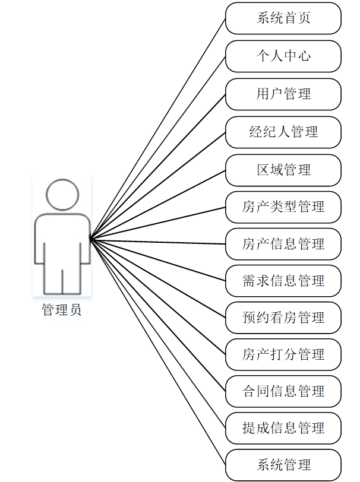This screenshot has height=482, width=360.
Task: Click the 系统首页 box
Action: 283,18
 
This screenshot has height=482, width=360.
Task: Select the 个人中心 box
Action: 283,56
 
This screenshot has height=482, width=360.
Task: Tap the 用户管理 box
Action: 283,94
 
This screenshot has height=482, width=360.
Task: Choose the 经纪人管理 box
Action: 283,132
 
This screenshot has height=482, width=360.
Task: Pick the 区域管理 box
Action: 283,170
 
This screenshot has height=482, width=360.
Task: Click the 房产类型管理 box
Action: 283,207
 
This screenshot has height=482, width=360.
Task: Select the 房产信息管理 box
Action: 283,244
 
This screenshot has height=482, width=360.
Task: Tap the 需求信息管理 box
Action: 283,281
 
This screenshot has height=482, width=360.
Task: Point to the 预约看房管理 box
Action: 283,318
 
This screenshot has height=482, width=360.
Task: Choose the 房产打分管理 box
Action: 283,355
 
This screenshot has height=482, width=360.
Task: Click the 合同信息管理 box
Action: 283,392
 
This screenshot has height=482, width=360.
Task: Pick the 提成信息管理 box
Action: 283,428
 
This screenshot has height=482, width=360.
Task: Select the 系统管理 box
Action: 283,465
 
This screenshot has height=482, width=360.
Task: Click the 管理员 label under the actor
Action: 62,310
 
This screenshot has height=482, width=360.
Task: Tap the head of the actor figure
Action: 62,194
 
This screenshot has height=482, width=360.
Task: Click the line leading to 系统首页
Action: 158,128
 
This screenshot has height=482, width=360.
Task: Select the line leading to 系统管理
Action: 158,351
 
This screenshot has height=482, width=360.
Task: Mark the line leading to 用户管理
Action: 158,166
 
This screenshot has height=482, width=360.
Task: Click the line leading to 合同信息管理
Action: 158,315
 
